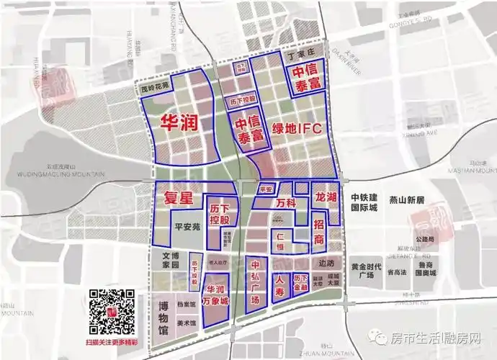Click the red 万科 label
click(286, 204)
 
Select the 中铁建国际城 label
click(364, 203)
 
